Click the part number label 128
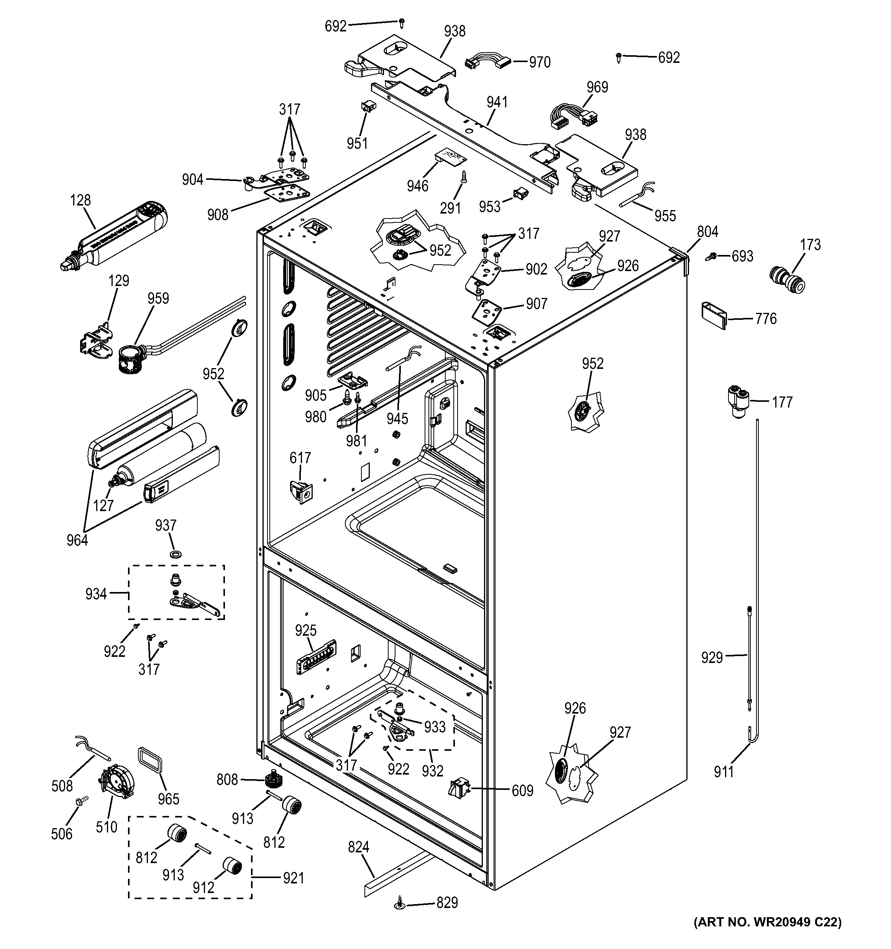click(x=80, y=200)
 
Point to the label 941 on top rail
click(x=497, y=102)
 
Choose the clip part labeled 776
click(x=714, y=315)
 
